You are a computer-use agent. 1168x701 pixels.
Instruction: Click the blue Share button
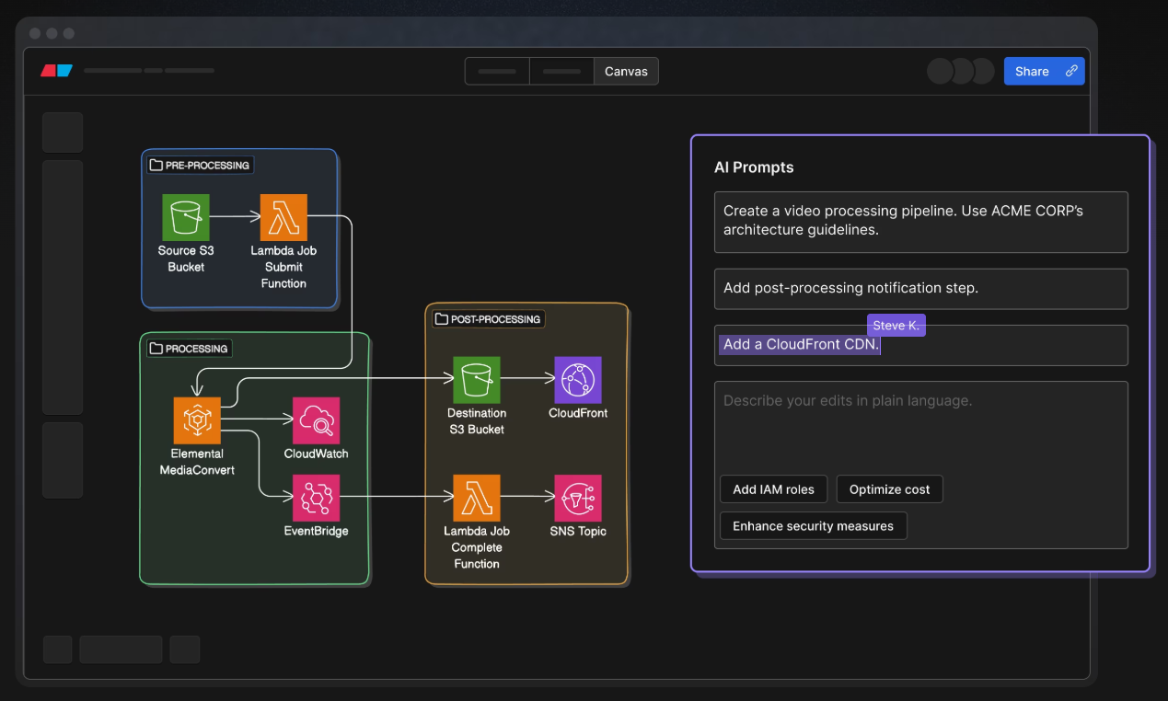pos(1044,72)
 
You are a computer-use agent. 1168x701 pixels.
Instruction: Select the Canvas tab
pos(626,72)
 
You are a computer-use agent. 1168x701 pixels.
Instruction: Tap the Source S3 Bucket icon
pos(186,217)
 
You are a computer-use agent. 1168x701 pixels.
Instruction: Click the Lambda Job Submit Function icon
pos(283,217)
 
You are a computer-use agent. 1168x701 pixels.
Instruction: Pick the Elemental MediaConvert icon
pos(197,420)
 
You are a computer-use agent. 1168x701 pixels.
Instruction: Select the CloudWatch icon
pos(316,420)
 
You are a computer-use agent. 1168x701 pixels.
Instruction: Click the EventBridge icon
pos(316,498)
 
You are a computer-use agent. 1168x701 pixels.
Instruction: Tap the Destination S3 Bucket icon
pos(477,380)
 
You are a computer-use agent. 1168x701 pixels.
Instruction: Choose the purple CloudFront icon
pos(578,380)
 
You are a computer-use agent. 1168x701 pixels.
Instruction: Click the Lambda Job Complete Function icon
pos(477,498)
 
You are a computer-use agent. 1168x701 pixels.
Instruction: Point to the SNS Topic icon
pos(578,498)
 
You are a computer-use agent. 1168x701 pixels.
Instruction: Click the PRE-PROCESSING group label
pos(201,166)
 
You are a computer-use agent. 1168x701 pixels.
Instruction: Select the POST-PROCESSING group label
pos(489,319)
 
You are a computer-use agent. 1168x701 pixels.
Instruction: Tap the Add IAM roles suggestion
pos(773,489)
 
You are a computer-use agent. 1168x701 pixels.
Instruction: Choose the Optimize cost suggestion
pos(889,489)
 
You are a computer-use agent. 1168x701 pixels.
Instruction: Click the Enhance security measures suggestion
pos(813,526)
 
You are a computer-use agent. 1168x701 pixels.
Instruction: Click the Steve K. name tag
pos(896,326)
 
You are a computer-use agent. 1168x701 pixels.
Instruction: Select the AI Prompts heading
pos(754,167)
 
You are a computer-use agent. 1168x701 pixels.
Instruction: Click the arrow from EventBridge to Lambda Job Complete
pos(397,497)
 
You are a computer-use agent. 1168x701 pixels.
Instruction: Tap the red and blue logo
pos(56,70)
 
